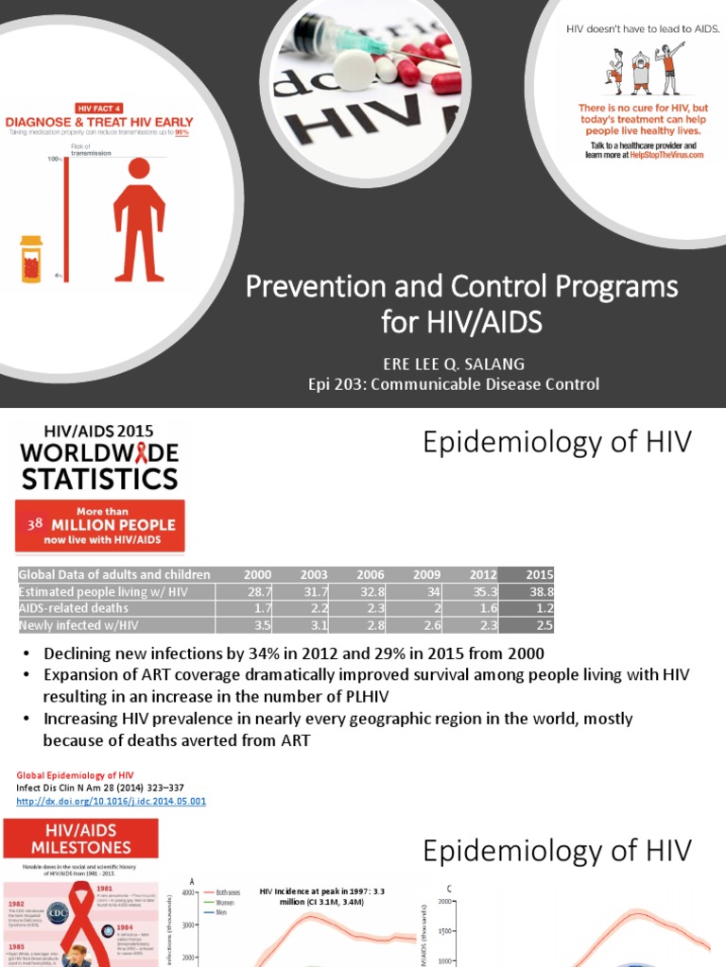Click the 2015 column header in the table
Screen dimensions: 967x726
tap(540, 575)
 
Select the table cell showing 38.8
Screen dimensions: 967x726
tap(540, 591)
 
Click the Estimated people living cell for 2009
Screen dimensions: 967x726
tap(430, 591)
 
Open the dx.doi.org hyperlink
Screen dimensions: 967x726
tap(111, 801)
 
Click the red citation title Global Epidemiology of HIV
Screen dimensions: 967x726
tap(74, 775)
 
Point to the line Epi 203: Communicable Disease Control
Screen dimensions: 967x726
tap(454, 383)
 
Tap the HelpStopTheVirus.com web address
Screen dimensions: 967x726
tap(670, 155)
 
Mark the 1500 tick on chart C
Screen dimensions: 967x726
tap(445, 931)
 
